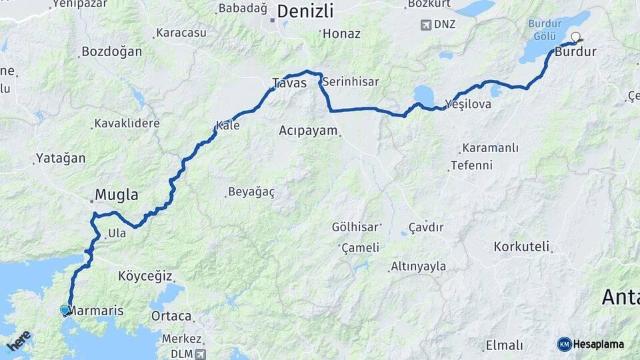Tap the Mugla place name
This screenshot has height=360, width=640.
[x=117, y=195]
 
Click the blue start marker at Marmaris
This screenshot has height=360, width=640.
[x=65, y=310]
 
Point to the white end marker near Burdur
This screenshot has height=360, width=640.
[x=575, y=38]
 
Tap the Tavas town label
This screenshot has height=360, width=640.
[x=289, y=83]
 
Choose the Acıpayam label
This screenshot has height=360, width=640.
[x=308, y=131]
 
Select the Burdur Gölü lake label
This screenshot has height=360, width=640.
[x=545, y=29]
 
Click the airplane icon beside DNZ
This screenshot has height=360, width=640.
[x=426, y=25]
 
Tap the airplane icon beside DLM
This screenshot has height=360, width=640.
[x=201, y=353]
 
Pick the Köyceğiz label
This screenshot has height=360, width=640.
[x=145, y=275]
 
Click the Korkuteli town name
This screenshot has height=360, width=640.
[x=521, y=247]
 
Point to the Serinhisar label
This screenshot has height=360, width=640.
[x=350, y=82]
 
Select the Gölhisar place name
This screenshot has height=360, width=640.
[x=355, y=227]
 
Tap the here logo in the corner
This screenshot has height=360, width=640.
[x=18, y=341]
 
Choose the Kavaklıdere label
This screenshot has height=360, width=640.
[x=127, y=123]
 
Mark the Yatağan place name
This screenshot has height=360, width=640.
[x=61, y=159]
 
